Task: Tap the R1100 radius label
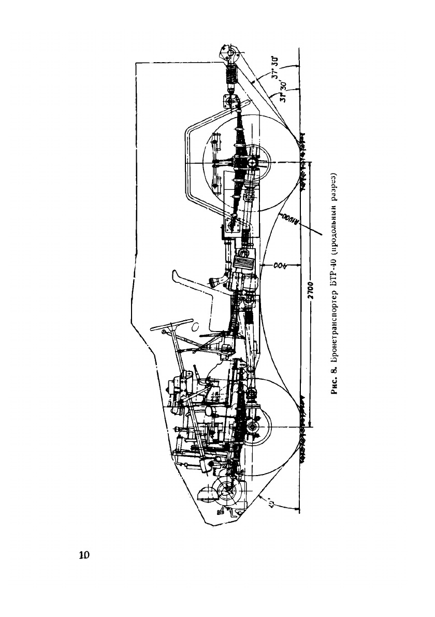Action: pyautogui.click(x=289, y=219)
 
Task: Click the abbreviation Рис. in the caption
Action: pyautogui.click(x=336, y=385)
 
